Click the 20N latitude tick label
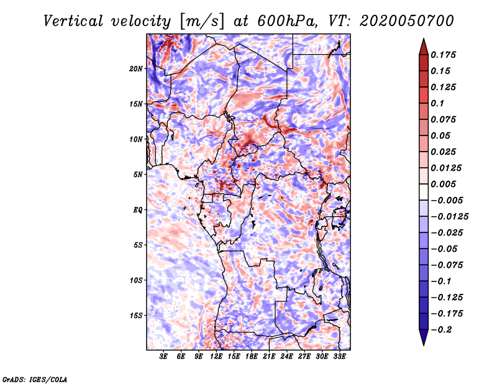(136, 68)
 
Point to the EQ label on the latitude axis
(138, 210)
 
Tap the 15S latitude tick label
(136, 316)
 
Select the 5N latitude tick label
(138, 175)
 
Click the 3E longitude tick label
(163, 357)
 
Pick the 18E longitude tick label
(252, 357)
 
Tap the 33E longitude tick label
(340, 357)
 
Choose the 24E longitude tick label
(287, 357)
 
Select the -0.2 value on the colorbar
(444, 329)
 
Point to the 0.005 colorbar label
(444, 184)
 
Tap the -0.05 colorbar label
(444, 249)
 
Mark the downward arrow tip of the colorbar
(423, 344)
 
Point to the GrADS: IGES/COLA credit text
(34, 378)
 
